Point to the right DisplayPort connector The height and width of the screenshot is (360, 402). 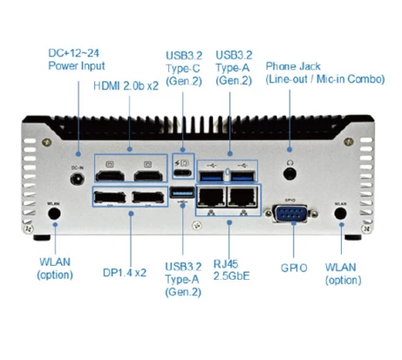[148, 199]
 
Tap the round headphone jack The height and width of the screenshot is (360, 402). [288, 165]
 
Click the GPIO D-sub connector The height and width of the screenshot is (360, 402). [288, 213]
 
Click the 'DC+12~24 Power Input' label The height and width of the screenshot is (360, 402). [73, 59]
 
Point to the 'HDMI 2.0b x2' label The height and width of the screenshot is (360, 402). [126, 86]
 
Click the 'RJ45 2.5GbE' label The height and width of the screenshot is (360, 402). [230, 271]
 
